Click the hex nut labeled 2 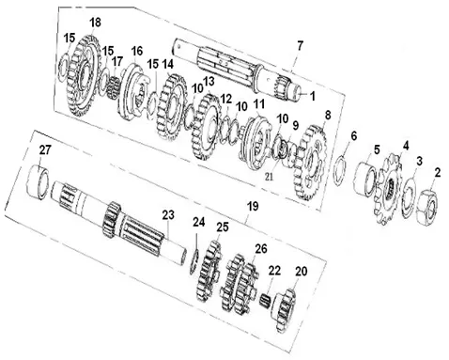click(x=427, y=207)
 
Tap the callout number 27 click(x=44, y=150)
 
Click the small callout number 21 click(x=269, y=177)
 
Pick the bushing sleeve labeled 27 click(x=38, y=181)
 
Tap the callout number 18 click(x=96, y=23)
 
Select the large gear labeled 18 click(x=84, y=76)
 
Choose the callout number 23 click(x=168, y=215)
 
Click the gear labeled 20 click(x=285, y=311)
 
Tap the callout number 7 click(x=300, y=46)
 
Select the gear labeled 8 click(x=310, y=162)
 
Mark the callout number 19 click(x=253, y=207)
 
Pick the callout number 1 click(x=312, y=97)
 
